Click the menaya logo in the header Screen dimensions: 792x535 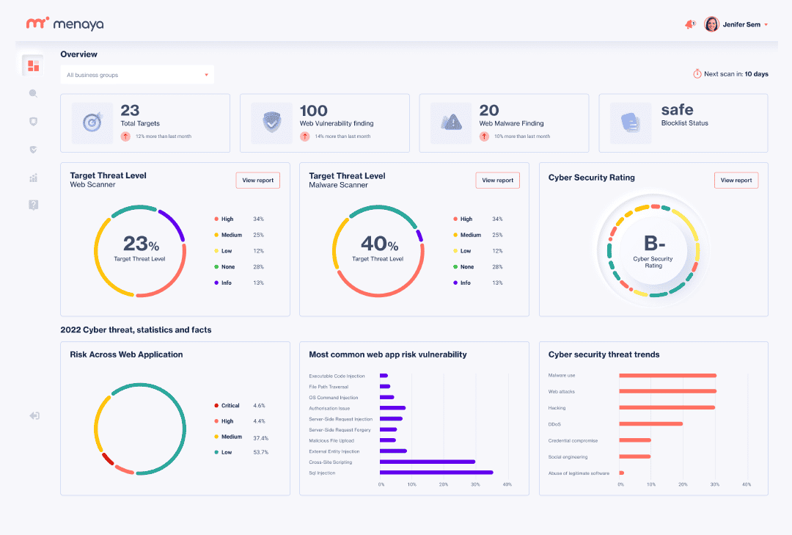point(65,23)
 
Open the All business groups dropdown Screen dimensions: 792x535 point(137,75)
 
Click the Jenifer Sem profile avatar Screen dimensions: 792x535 point(711,24)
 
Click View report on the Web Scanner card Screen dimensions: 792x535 point(257,180)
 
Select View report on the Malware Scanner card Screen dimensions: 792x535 point(497,180)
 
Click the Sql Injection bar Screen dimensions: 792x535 point(436,473)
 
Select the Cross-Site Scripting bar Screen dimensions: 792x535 point(428,462)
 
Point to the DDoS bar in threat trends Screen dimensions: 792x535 point(651,423)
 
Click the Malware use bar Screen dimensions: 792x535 point(668,375)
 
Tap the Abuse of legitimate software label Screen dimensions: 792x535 point(579,473)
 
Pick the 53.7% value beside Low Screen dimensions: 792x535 point(260,452)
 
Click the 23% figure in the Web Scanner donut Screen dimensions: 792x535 point(141,244)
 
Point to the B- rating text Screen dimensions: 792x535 point(654,243)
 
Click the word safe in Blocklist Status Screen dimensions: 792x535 point(678,110)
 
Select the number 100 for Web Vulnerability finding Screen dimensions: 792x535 point(314,110)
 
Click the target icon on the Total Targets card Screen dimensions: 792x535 point(92,123)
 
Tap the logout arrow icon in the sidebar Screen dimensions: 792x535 point(34,415)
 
